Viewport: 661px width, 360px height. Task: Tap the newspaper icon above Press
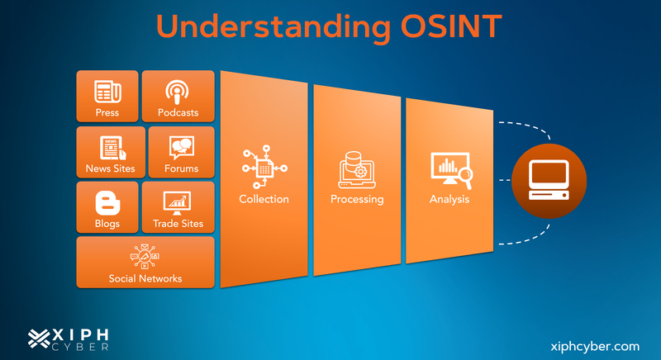(x=107, y=91)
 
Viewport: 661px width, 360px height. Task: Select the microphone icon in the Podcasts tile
(x=178, y=91)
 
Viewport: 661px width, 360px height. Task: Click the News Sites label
(x=110, y=168)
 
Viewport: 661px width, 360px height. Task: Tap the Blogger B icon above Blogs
(x=107, y=202)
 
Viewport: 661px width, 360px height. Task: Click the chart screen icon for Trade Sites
(x=178, y=201)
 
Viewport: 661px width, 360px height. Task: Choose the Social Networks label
(x=145, y=278)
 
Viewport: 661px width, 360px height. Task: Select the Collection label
(x=264, y=199)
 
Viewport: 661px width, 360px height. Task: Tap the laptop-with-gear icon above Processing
(x=357, y=169)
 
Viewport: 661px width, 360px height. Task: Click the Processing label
(x=357, y=199)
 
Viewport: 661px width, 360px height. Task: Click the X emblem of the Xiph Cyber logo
(x=39, y=338)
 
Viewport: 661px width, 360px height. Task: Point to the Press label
(x=107, y=112)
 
